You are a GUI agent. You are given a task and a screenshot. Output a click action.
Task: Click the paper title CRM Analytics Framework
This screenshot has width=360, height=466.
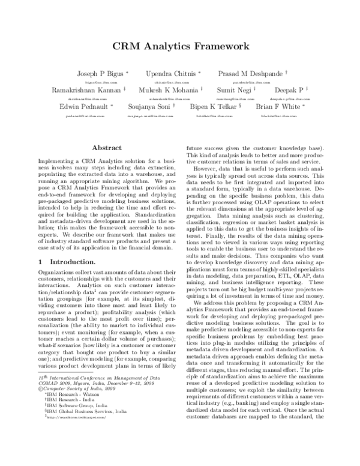pos(180,45)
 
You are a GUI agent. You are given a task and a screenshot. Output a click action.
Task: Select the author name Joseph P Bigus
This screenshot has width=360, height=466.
pos(98,73)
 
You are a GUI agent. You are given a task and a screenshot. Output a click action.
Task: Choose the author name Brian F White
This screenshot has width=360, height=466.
pos(277,106)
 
